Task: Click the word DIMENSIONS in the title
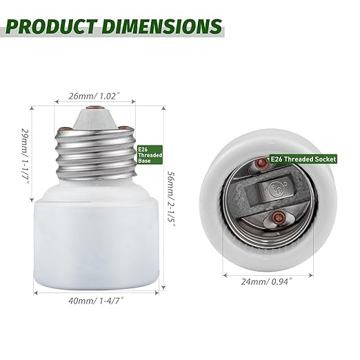point(163,26)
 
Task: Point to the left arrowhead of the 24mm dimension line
point(225,273)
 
